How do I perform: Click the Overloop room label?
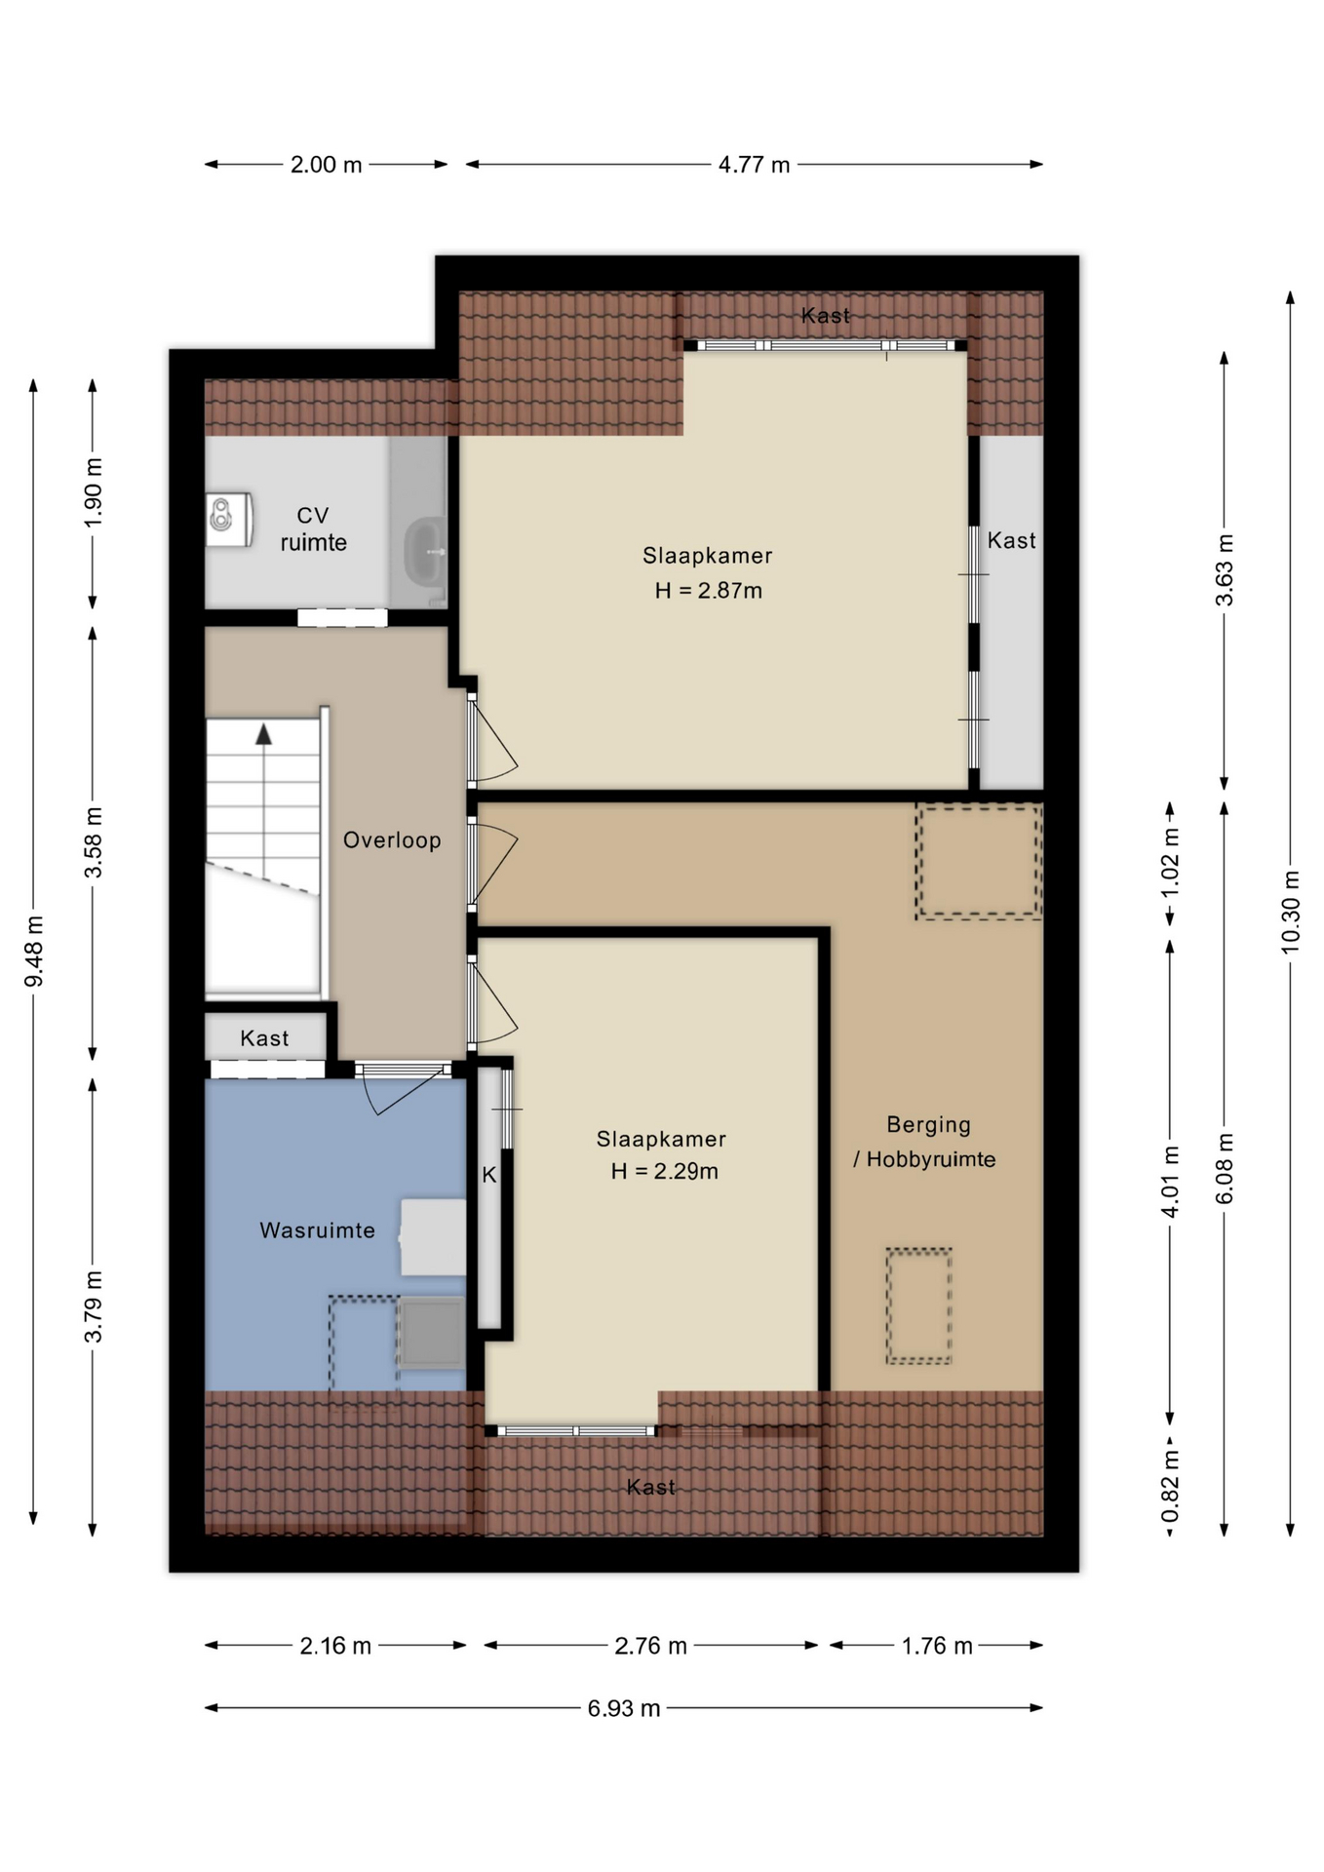pos(392,839)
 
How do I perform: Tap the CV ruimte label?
pos(313,528)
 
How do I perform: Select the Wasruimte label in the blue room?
pos(317,1230)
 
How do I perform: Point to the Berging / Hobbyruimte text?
pos(925,1142)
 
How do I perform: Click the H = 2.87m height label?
pos(709,590)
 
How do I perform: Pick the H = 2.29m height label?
pos(665,1171)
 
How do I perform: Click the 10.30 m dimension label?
pos(1291,912)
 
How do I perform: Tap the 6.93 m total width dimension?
pos(624,1708)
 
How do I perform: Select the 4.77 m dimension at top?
pos(754,165)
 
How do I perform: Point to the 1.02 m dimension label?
pos(1170,863)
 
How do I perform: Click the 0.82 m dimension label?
pos(1170,1486)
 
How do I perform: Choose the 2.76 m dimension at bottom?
pos(650,1646)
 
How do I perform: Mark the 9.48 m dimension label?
pos(34,951)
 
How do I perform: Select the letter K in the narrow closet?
pos(489,1175)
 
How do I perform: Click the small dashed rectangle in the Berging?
pos(918,1306)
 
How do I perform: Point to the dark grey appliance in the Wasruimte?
pos(432,1333)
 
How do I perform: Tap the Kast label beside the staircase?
pos(264,1038)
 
